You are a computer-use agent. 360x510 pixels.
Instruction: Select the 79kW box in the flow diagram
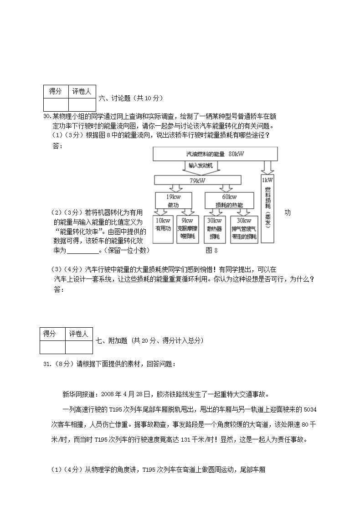click(200, 180)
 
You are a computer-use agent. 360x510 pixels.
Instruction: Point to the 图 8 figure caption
click(212, 250)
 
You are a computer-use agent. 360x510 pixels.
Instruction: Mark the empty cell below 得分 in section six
click(55, 104)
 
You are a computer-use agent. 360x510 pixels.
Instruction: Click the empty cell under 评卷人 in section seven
click(78, 347)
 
